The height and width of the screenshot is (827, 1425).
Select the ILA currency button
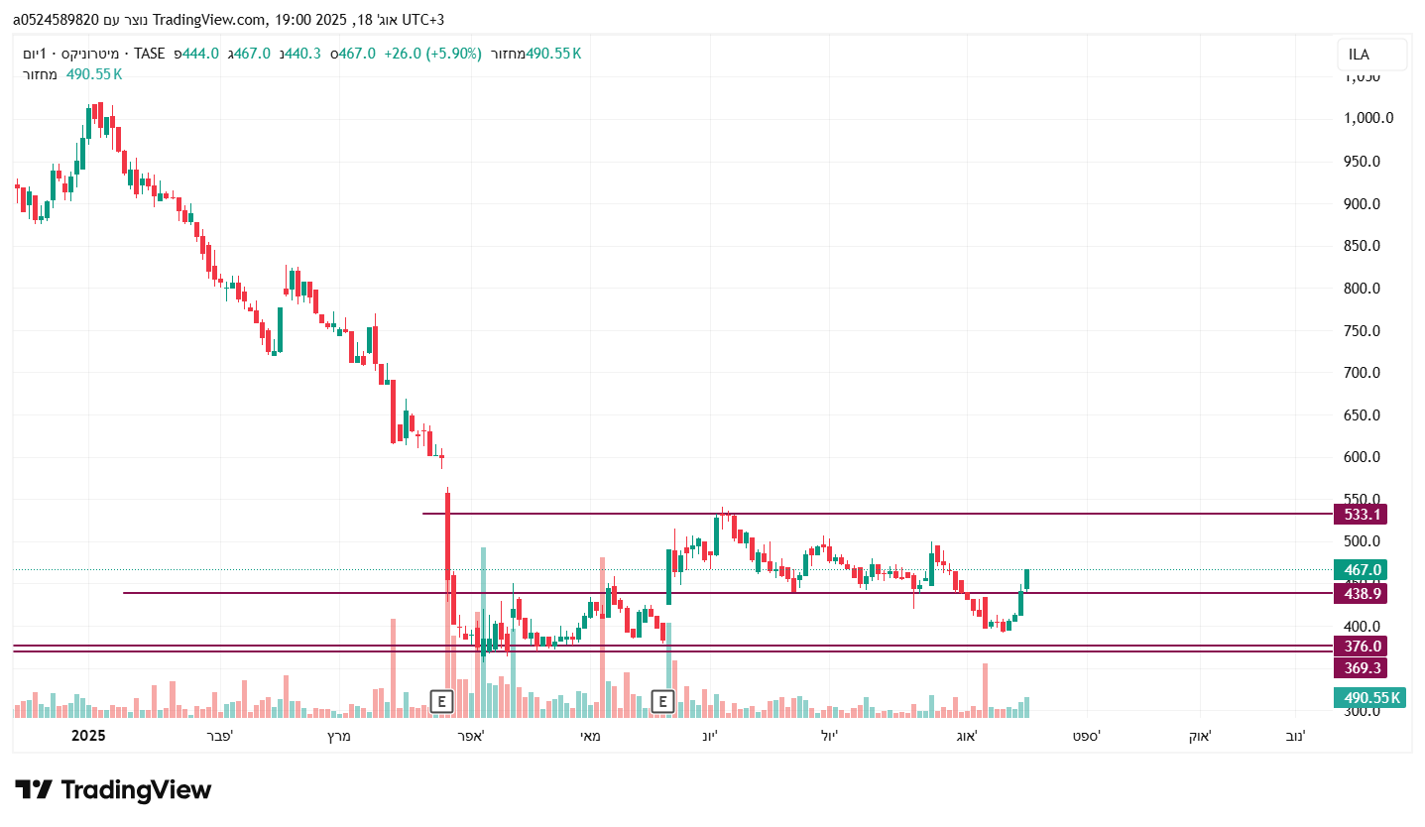[1371, 56]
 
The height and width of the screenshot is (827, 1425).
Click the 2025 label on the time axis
[88, 736]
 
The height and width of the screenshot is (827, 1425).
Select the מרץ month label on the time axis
[339, 736]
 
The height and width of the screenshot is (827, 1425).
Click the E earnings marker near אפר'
[442, 702]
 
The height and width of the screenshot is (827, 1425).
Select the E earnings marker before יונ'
[663, 702]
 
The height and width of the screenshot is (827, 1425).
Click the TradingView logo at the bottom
[113, 790]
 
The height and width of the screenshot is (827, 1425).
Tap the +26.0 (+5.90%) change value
[432, 54]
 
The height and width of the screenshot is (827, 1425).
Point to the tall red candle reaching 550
[448, 535]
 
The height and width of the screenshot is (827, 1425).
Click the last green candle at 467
[1027, 579]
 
